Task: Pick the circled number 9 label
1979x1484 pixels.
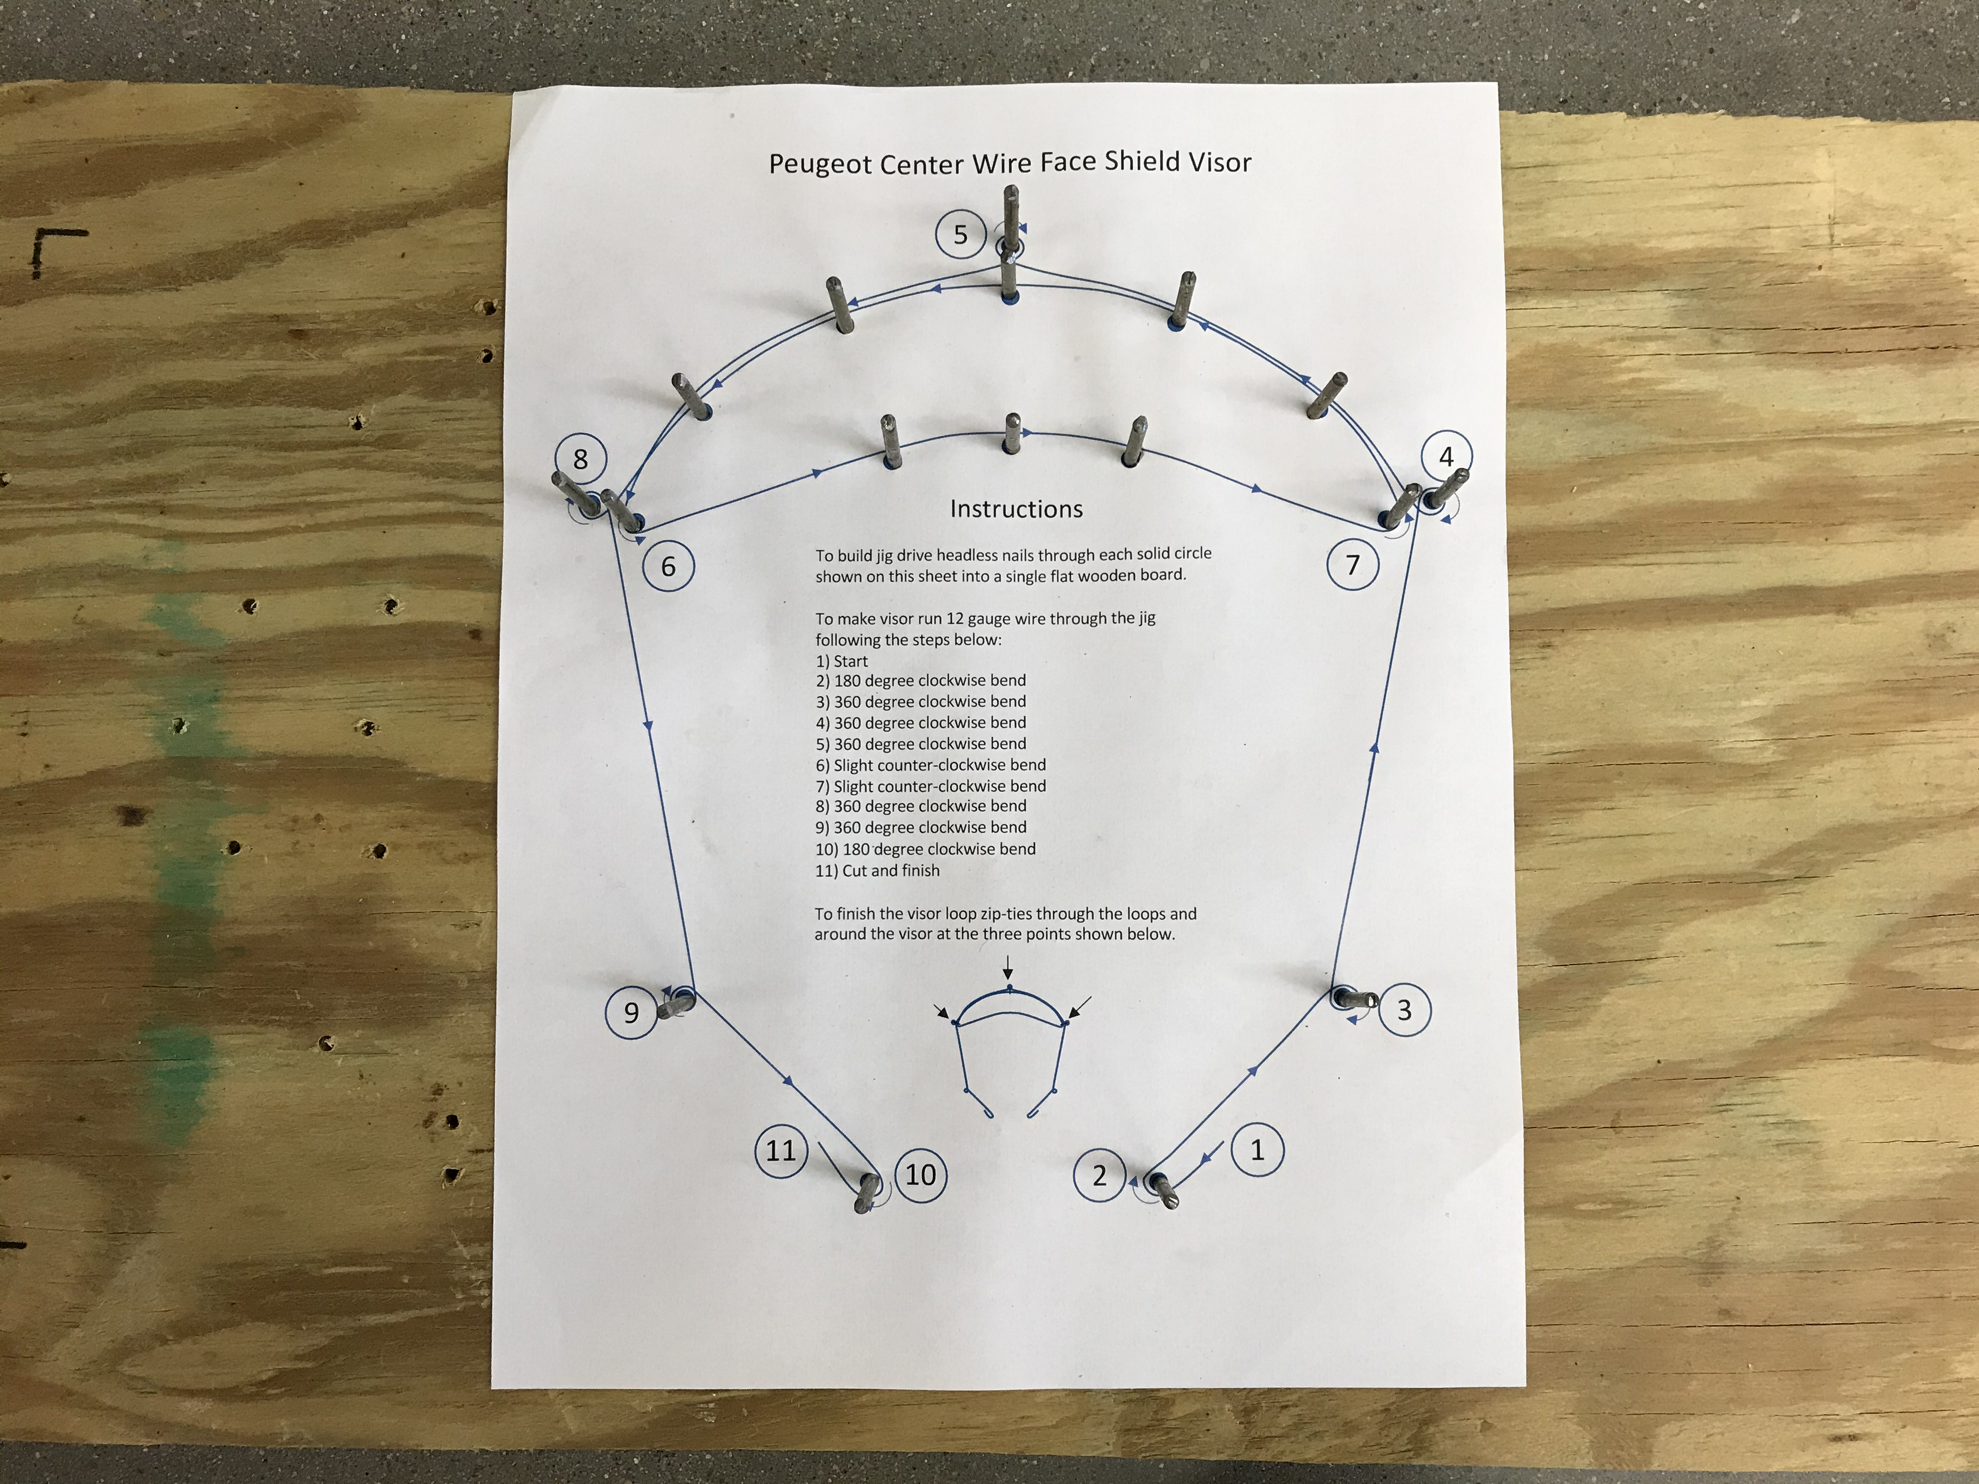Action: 631,1012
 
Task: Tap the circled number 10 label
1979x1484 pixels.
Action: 921,1174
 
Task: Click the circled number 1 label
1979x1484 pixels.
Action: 1257,1149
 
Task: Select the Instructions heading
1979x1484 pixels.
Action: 1016,509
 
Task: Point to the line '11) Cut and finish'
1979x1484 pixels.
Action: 878,871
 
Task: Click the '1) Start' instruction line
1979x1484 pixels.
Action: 842,661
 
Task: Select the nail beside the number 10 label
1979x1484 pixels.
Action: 865,1193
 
